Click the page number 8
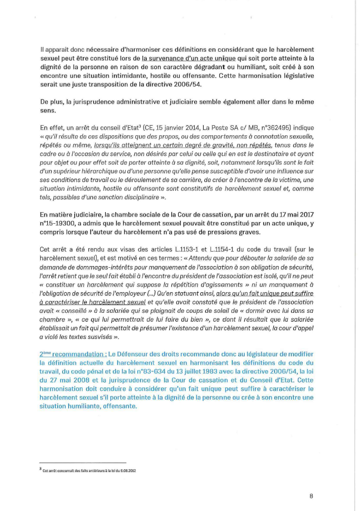tap(312, 494)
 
